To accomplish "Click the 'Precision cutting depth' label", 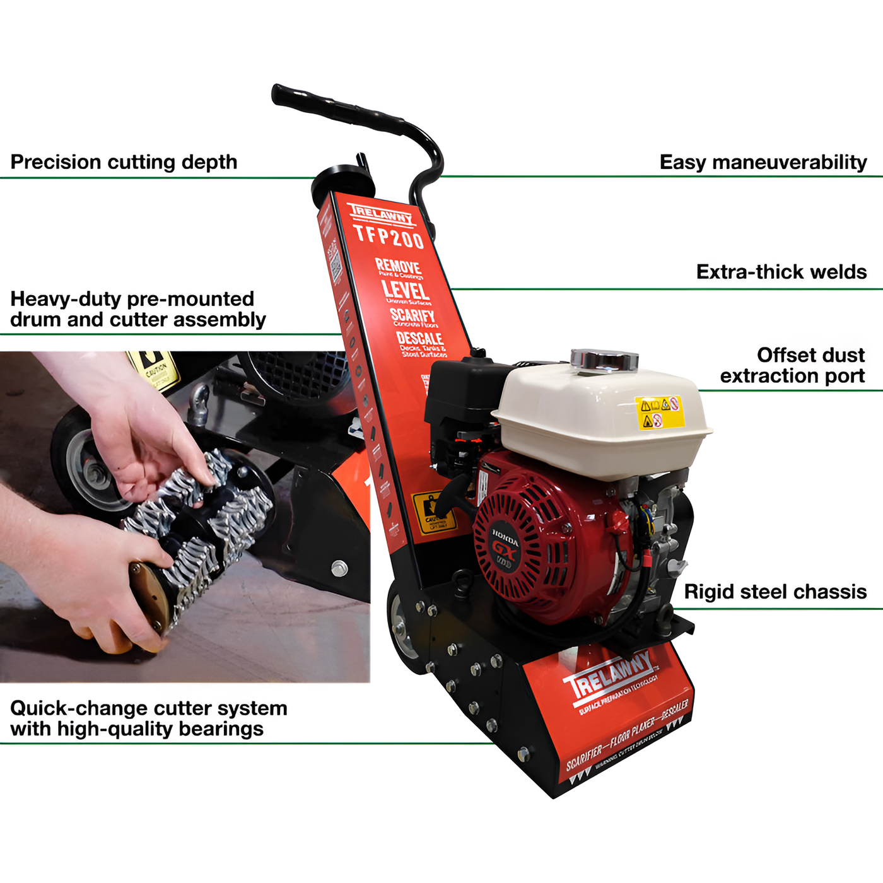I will (x=124, y=162).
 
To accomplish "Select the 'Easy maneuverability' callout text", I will (x=763, y=162).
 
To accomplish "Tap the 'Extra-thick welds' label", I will (x=781, y=272).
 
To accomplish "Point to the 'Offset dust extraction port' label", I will (x=793, y=365).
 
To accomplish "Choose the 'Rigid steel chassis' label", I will (x=775, y=592).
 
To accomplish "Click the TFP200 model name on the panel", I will (x=389, y=237).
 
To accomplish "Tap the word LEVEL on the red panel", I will (x=405, y=290).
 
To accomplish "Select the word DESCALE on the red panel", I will (x=419, y=339).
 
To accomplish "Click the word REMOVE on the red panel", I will (x=398, y=266).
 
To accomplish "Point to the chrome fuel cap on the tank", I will (x=604, y=360).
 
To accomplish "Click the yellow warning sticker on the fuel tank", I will (x=659, y=412).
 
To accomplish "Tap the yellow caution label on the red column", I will (x=432, y=512).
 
